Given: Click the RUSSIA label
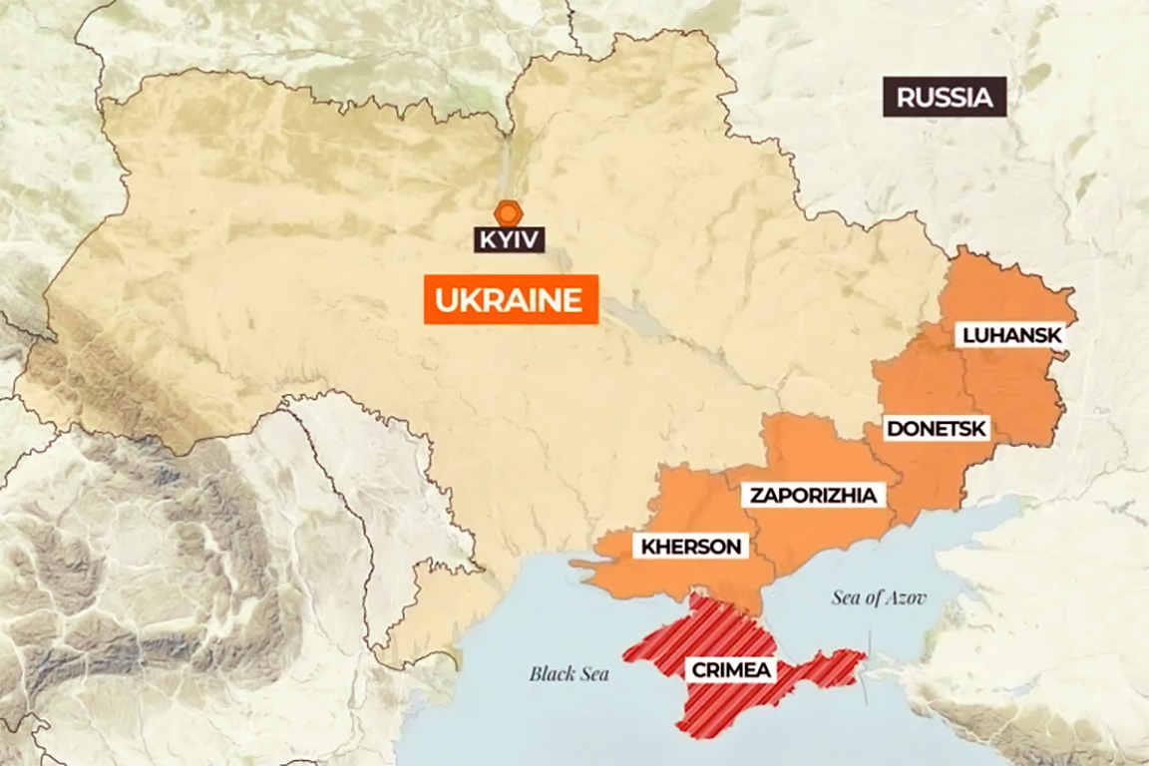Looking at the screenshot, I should [x=944, y=97].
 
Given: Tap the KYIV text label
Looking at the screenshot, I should [x=509, y=239].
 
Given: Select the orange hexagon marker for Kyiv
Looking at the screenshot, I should [x=509, y=212].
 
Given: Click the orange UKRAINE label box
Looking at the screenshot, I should [x=511, y=299].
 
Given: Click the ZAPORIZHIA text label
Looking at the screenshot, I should [x=814, y=495].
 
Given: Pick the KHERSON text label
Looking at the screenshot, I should [x=691, y=547].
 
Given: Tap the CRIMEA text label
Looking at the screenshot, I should [x=730, y=669].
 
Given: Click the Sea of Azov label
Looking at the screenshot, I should [x=878, y=598].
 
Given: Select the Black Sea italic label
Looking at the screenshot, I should [x=569, y=674].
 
